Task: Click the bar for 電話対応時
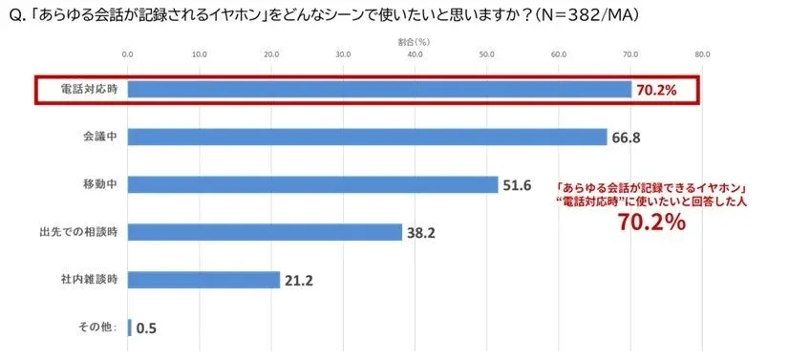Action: pyautogui.click(x=379, y=89)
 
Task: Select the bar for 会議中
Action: pyautogui.click(x=367, y=137)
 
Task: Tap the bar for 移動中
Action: pyautogui.click(x=312, y=184)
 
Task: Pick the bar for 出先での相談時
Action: pyautogui.click(x=265, y=232)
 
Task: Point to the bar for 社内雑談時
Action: pyautogui.click(x=203, y=280)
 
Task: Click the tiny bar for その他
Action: pyautogui.click(x=129, y=328)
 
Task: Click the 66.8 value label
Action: pyautogui.click(x=625, y=138)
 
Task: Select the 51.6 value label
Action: pyautogui.click(x=517, y=185)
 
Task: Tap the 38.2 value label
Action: pyautogui.click(x=421, y=233)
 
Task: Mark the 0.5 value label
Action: pyautogui.click(x=146, y=328)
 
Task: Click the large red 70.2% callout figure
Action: pyautogui.click(x=651, y=223)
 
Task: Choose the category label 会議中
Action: pyautogui.click(x=99, y=137)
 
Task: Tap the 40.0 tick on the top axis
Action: pyautogui.click(x=416, y=54)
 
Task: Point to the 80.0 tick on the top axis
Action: pyautogui.click(x=703, y=54)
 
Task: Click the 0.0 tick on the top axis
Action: pyautogui.click(x=128, y=54)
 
